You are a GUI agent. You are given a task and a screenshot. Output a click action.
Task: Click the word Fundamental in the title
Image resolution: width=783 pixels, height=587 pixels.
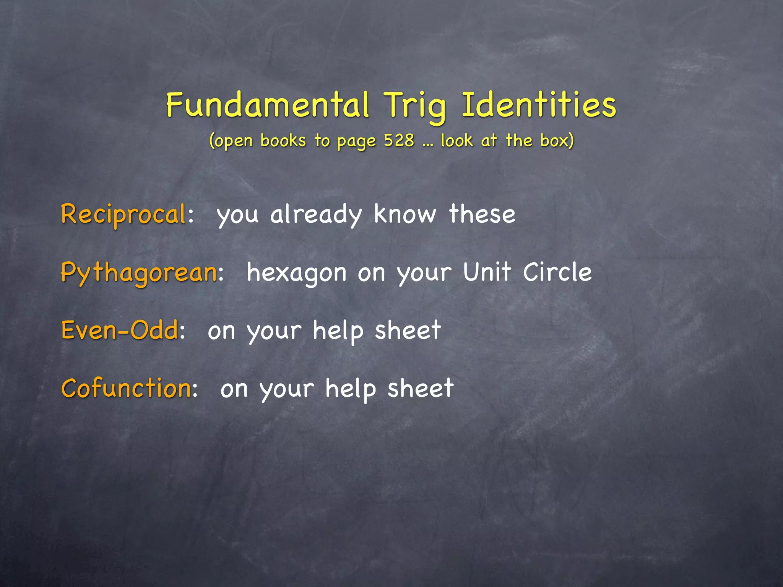[268, 105]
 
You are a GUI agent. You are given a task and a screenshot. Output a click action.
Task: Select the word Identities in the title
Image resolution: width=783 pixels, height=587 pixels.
[539, 105]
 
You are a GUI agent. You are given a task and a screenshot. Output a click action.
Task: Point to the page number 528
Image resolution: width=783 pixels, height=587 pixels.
[399, 140]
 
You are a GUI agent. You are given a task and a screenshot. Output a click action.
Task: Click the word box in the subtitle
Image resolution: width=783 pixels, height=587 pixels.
[557, 140]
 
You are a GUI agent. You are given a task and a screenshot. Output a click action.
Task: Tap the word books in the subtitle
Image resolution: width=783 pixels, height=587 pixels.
[283, 140]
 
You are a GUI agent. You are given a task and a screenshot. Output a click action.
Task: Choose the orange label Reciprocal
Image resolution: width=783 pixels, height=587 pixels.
[123, 215]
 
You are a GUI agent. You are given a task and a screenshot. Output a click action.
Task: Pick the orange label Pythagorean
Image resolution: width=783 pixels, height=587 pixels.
[139, 273]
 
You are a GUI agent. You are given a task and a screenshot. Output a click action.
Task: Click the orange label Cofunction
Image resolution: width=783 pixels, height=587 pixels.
[126, 388]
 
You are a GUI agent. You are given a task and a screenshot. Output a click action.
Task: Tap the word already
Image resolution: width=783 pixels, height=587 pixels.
[316, 215]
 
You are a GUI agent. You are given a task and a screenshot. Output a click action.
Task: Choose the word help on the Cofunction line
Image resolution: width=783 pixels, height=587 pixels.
[351, 389]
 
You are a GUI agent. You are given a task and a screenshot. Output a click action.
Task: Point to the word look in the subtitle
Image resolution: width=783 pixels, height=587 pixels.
[456, 140]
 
